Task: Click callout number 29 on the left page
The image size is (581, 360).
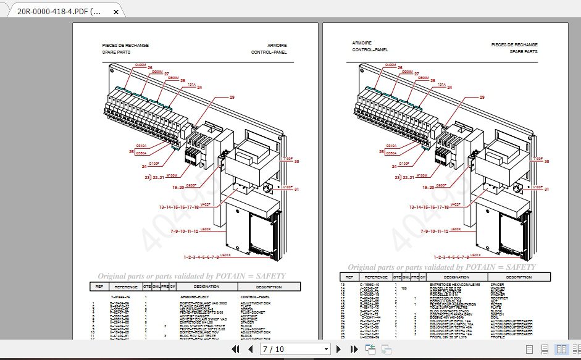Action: pos(232,98)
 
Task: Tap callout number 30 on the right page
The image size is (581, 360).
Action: pos(546,161)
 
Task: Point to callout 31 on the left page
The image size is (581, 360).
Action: pos(296,189)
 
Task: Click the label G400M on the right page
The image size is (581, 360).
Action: pos(391,65)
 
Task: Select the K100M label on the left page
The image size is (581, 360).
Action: pos(172,175)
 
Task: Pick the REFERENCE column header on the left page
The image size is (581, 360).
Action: pos(125,287)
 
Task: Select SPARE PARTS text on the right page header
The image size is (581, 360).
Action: pos(524,52)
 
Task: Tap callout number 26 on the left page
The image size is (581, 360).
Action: pos(149,67)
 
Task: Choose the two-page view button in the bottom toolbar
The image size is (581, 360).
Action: pos(561,350)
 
